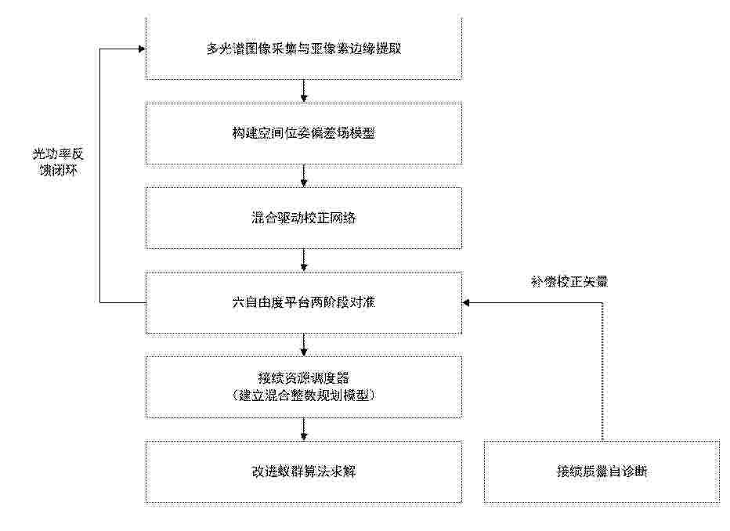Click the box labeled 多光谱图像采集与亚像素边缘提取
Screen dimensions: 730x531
[304, 49]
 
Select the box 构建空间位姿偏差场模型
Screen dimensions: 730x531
[304, 134]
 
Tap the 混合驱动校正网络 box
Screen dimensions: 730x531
[304, 218]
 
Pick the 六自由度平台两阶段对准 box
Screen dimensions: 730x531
[304, 302]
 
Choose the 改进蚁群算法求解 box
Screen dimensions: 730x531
[304, 471]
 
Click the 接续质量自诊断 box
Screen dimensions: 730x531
[602, 471]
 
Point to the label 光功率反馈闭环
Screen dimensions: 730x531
[58, 162]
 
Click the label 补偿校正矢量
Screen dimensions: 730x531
[569, 282]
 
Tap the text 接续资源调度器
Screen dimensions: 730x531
[304, 378]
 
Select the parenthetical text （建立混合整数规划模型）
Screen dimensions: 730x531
[304, 396]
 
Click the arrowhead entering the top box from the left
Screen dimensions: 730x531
[142, 49]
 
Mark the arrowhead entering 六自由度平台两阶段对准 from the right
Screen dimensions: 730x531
[466, 302]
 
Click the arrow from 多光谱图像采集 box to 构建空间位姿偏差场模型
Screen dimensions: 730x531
[304, 91]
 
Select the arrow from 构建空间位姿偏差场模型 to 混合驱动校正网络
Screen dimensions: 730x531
[304, 176]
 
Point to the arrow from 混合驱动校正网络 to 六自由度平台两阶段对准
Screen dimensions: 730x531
[304, 260]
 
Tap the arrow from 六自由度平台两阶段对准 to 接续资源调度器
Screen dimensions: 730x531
[304, 345]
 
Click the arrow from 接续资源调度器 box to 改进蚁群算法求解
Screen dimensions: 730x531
[304, 429]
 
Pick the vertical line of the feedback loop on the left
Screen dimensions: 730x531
[100, 175]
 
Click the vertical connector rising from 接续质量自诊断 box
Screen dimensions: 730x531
[602, 371]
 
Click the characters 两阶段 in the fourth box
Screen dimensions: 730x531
[330, 302]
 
